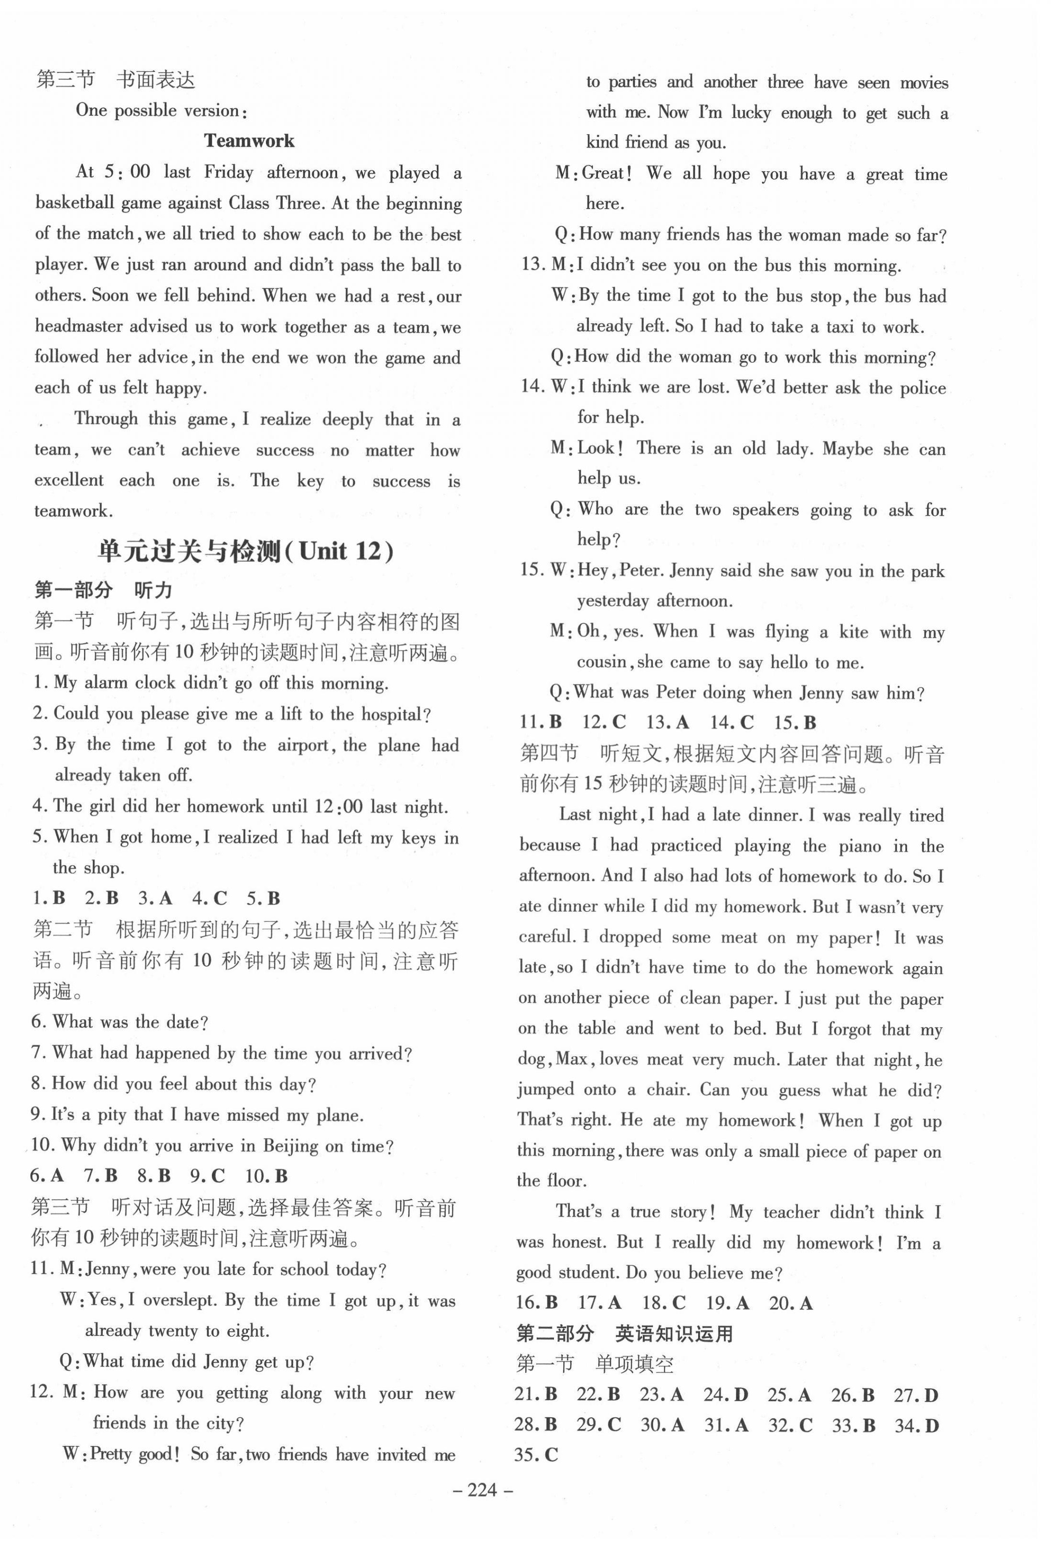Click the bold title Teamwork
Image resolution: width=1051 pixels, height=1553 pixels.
tap(249, 141)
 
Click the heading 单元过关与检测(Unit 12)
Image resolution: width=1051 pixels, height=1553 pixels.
tap(245, 552)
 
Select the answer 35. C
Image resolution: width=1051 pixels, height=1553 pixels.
tap(536, 1456)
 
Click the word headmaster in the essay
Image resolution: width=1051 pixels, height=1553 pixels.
tap(77, 327)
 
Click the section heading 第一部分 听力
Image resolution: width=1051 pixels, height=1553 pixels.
tap(103, 590)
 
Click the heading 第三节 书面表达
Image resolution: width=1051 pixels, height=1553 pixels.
tap(115, 80)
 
